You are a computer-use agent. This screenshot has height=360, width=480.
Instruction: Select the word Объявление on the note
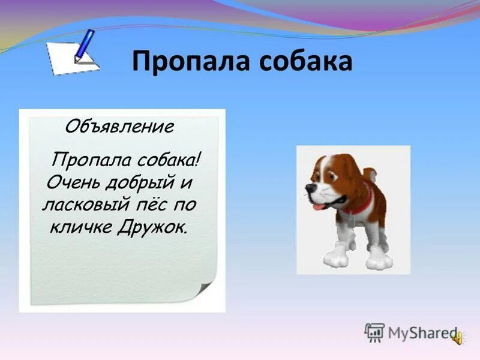pyautogui.click(x=119, y=126)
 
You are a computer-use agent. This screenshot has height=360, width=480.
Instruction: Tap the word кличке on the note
pyautogui.click(x=83, y=227)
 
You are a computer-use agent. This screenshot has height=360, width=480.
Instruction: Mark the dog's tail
pyautogui.click(x=372, y=175)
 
